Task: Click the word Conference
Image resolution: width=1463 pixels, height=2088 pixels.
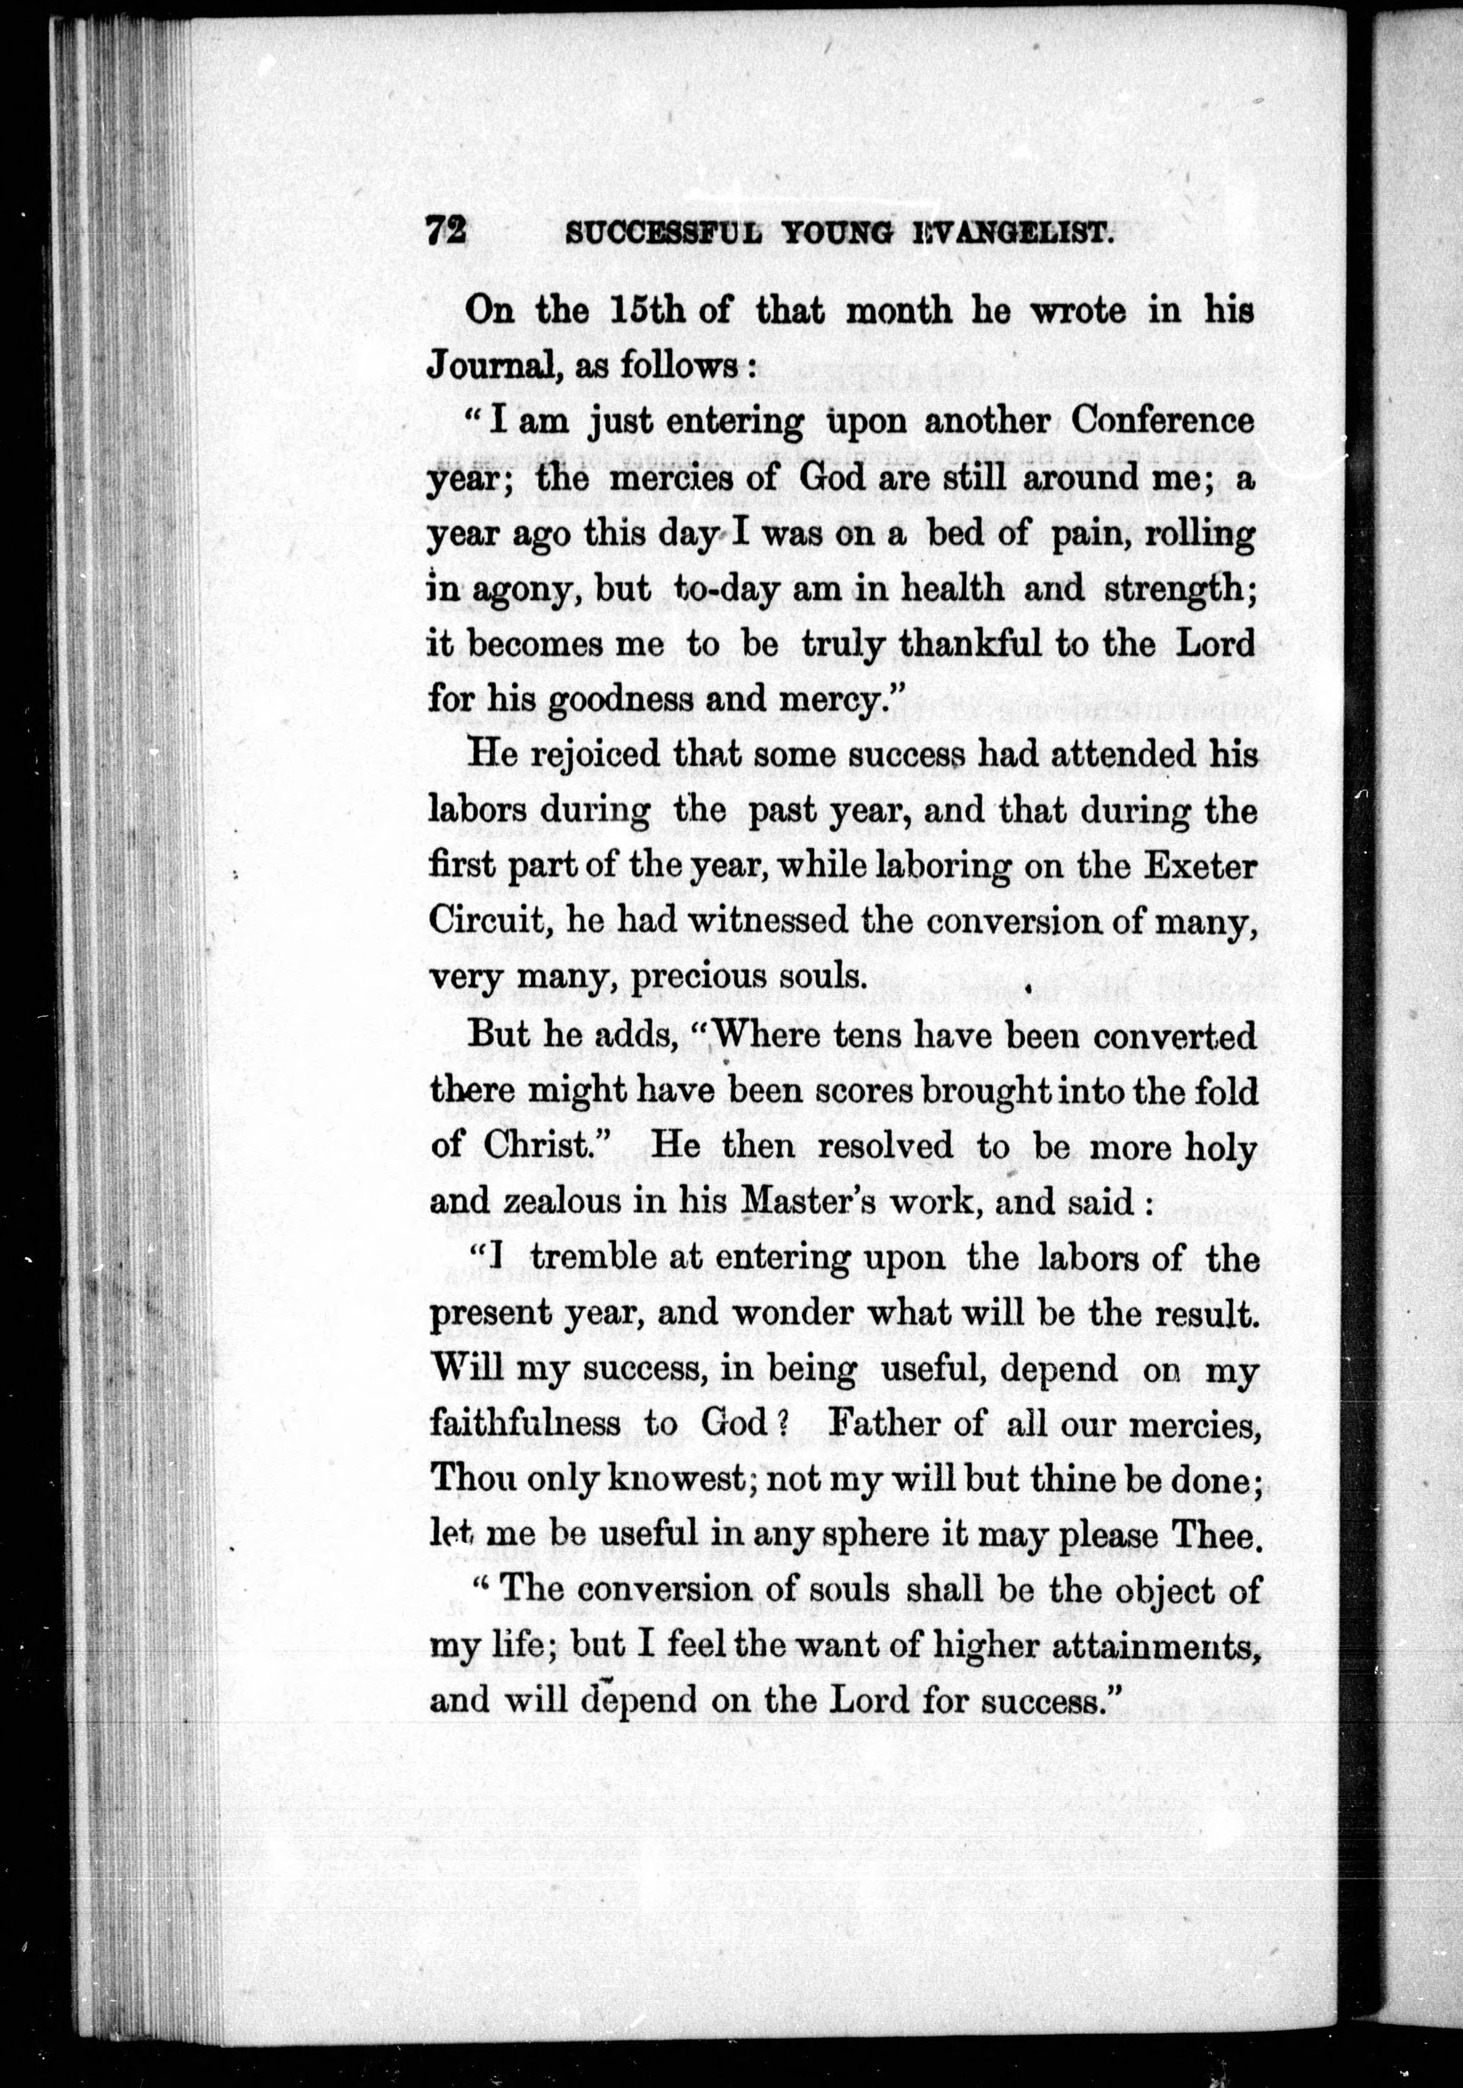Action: tap(1163, 421)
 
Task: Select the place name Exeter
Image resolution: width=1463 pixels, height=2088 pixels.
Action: tap(1200, 867)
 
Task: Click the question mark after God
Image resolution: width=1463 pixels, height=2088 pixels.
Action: tap(779, 1423)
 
